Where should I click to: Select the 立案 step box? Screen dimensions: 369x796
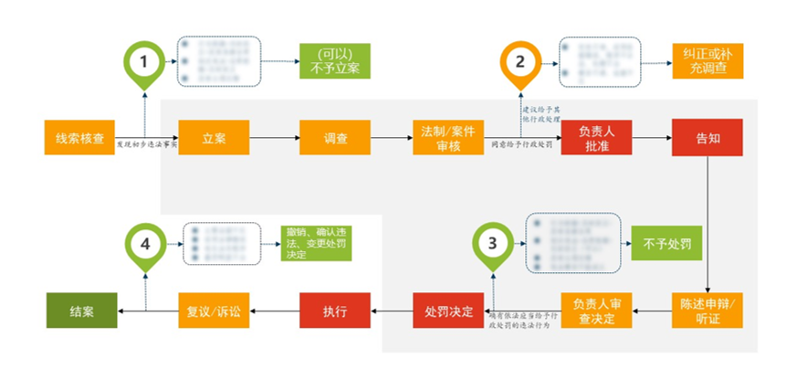[214, 137]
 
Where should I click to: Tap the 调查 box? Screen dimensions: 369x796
[335, 137]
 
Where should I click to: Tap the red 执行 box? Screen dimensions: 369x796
[334, 311]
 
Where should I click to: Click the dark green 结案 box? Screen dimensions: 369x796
[81, 311]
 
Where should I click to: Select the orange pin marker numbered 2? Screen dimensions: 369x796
[519, 61]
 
